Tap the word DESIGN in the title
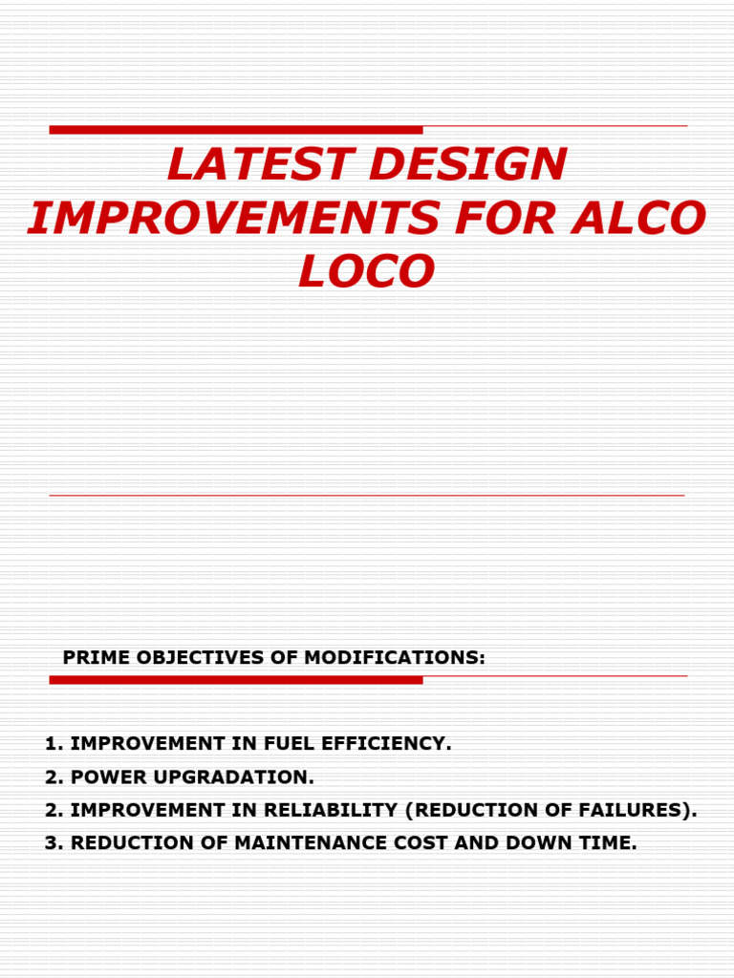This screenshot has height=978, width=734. click(x=467, y=165)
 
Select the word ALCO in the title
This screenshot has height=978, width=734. click(x=652, y=219)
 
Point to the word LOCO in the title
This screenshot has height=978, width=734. click(x=367, y=272)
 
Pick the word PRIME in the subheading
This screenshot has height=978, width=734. click(x=96, y=657)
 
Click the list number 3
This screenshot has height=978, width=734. click(x=50, y=843)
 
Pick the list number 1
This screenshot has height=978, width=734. click(x=50, y=744)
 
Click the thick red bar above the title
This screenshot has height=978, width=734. click(x=236, y=130)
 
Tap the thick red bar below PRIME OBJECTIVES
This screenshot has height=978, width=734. click(x=236, y=680)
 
